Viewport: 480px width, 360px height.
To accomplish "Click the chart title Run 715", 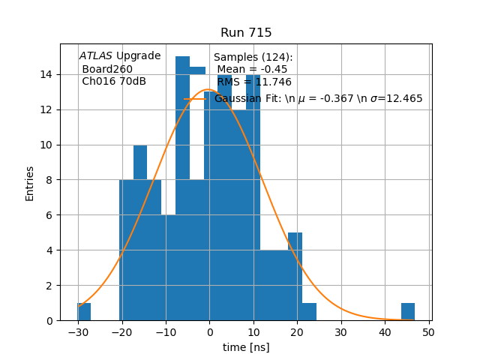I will point(246,33).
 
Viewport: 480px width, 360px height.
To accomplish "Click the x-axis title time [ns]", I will point(246,347).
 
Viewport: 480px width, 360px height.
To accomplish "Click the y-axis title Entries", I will point(30,182).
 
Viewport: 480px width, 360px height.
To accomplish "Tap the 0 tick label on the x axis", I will point(209,332).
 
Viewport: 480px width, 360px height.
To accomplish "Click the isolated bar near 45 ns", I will point(408,312).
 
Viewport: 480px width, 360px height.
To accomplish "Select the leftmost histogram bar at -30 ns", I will point(84,312).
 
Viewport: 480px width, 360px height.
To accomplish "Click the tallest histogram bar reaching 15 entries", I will point(182,187).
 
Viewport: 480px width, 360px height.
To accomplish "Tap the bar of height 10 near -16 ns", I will point(140,232).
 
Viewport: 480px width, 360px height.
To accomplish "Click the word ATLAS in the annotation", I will point(96,56).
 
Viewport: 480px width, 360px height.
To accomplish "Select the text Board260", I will point(107,69).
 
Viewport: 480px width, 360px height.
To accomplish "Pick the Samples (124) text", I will point(253,58).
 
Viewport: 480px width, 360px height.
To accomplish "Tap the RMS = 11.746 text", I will point(254,82).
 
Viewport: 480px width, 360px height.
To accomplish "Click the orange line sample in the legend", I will point(196,99).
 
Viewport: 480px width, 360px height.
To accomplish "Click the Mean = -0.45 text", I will point(252,70).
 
